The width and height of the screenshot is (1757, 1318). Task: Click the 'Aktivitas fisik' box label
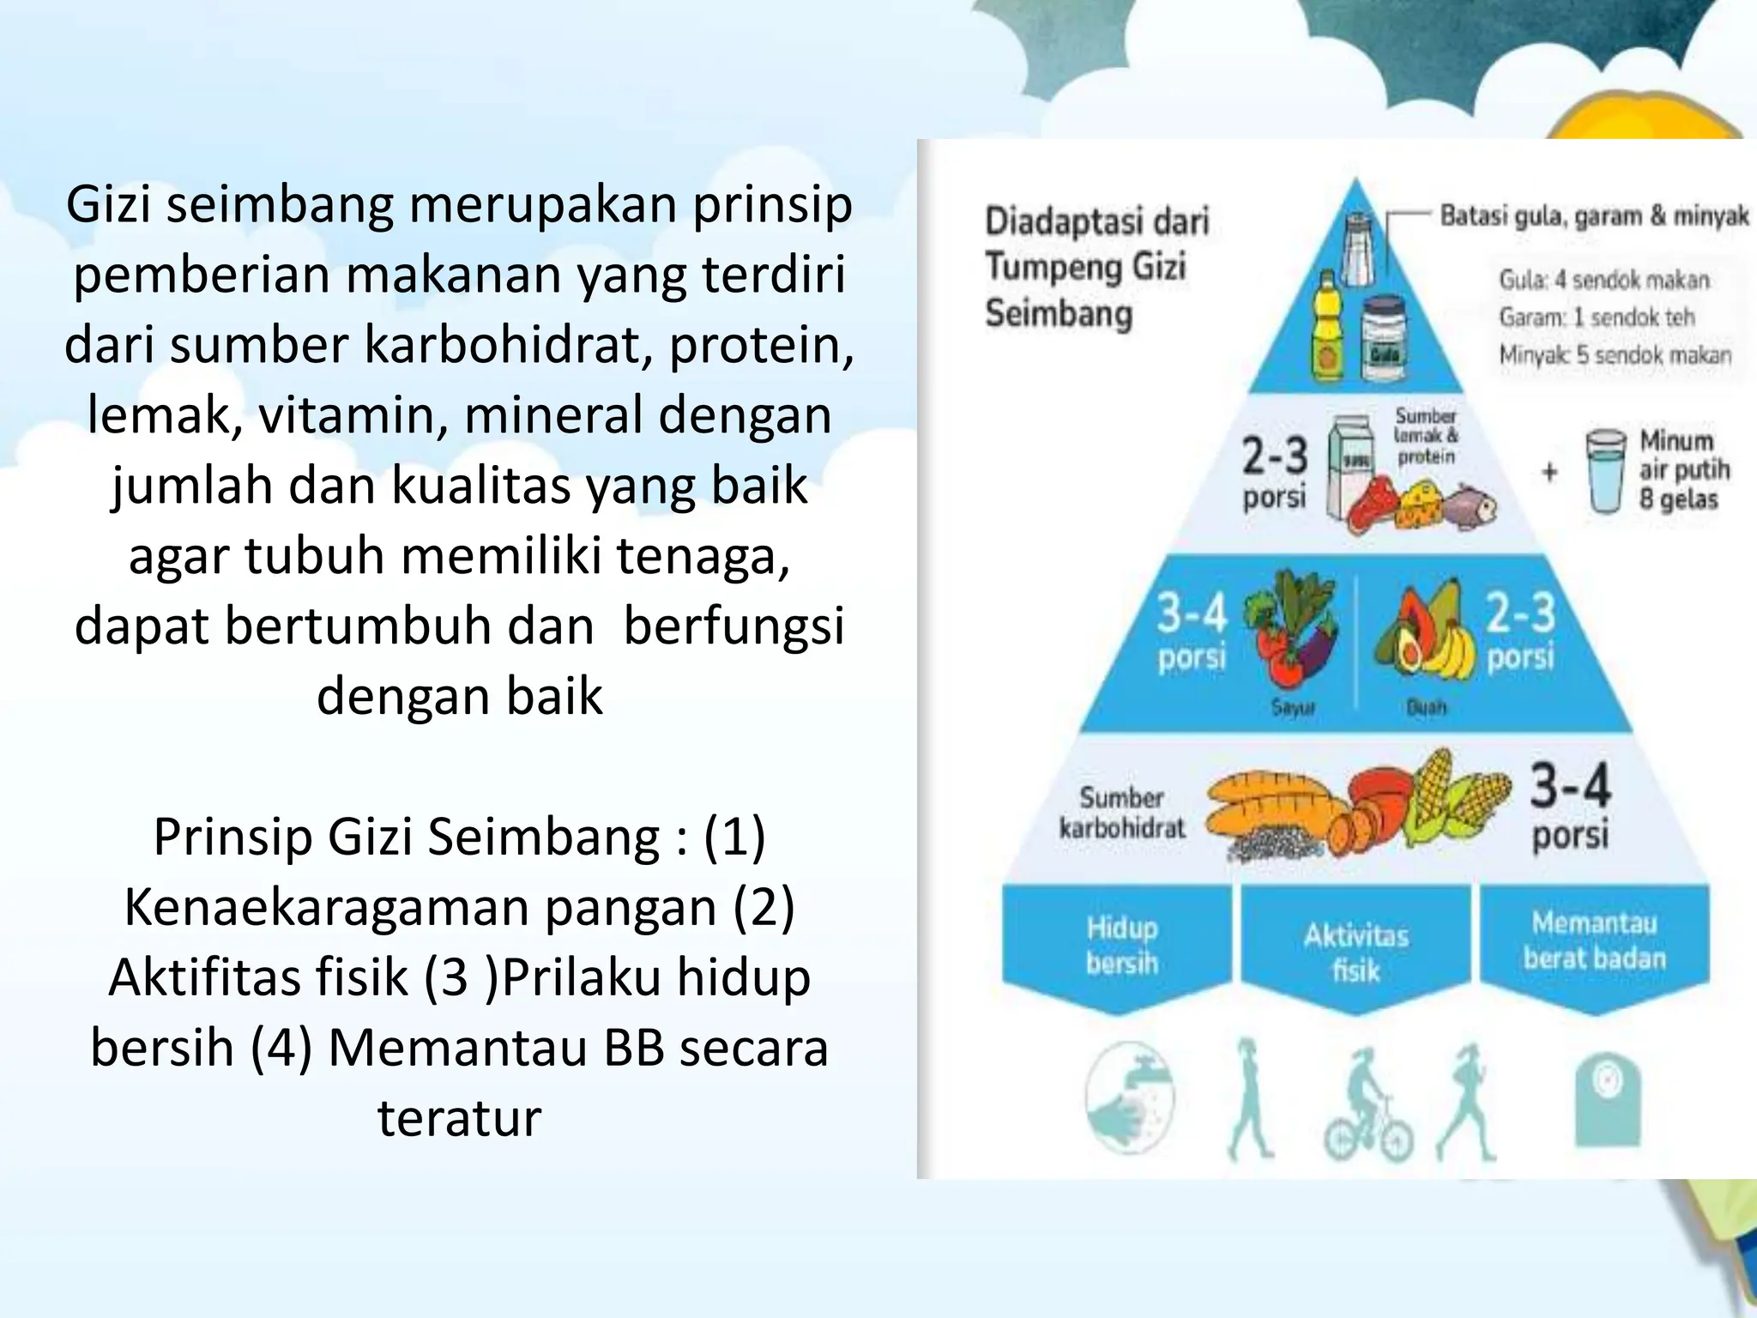1356,952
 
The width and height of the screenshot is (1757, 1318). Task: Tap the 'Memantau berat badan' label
1595,940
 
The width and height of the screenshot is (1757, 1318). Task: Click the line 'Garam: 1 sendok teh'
1597,317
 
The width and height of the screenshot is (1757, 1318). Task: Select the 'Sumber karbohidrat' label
1121,812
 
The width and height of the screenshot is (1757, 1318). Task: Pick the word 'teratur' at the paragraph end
460,1118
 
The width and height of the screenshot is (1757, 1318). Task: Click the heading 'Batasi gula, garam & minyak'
1594,216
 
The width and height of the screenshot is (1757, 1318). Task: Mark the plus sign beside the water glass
1549,472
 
